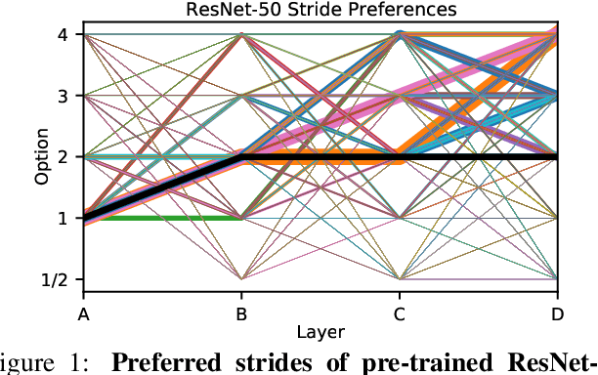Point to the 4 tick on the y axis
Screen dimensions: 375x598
click(62, 35)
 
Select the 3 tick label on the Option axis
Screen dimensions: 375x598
click(62, 96)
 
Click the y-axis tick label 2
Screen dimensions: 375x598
click(62, 157)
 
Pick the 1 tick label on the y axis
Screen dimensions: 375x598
click(62, 219)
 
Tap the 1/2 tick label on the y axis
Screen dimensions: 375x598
click(56, 280)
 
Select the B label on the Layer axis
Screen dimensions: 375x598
click(240, 313)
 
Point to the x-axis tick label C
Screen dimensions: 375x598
click(399, 313)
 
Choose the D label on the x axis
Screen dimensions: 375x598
click(557, 313)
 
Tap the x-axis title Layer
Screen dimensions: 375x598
click(320, 331)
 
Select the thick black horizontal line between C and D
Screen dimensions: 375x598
click(479, 157)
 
